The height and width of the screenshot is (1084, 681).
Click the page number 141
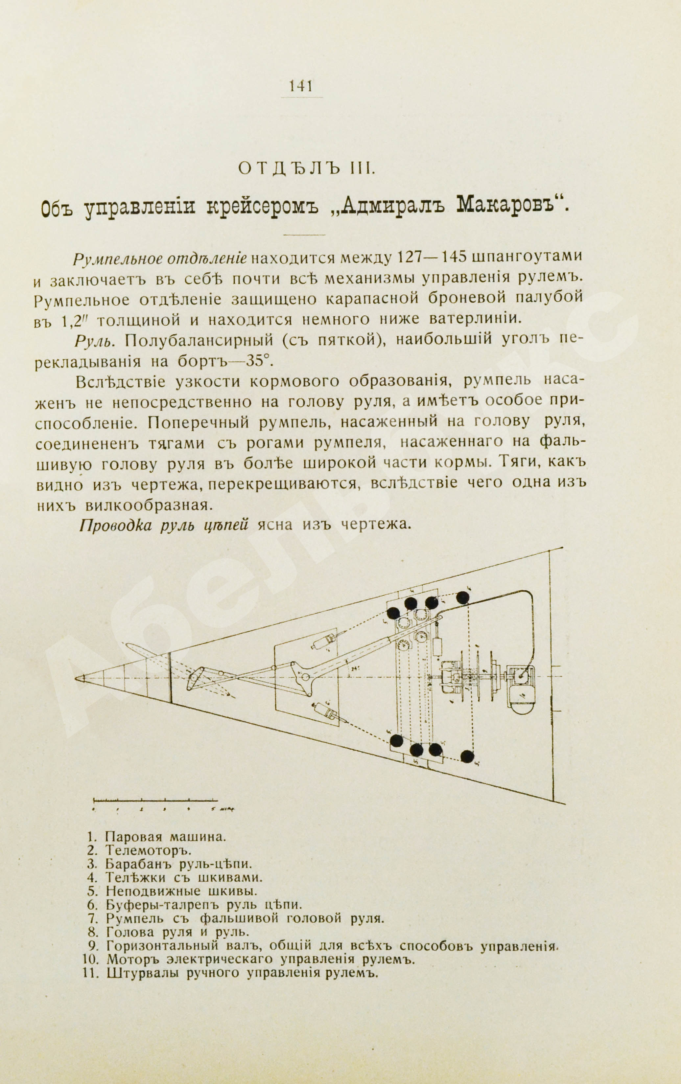point(301,85)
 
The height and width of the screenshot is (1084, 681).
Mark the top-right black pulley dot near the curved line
point(462,598)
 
